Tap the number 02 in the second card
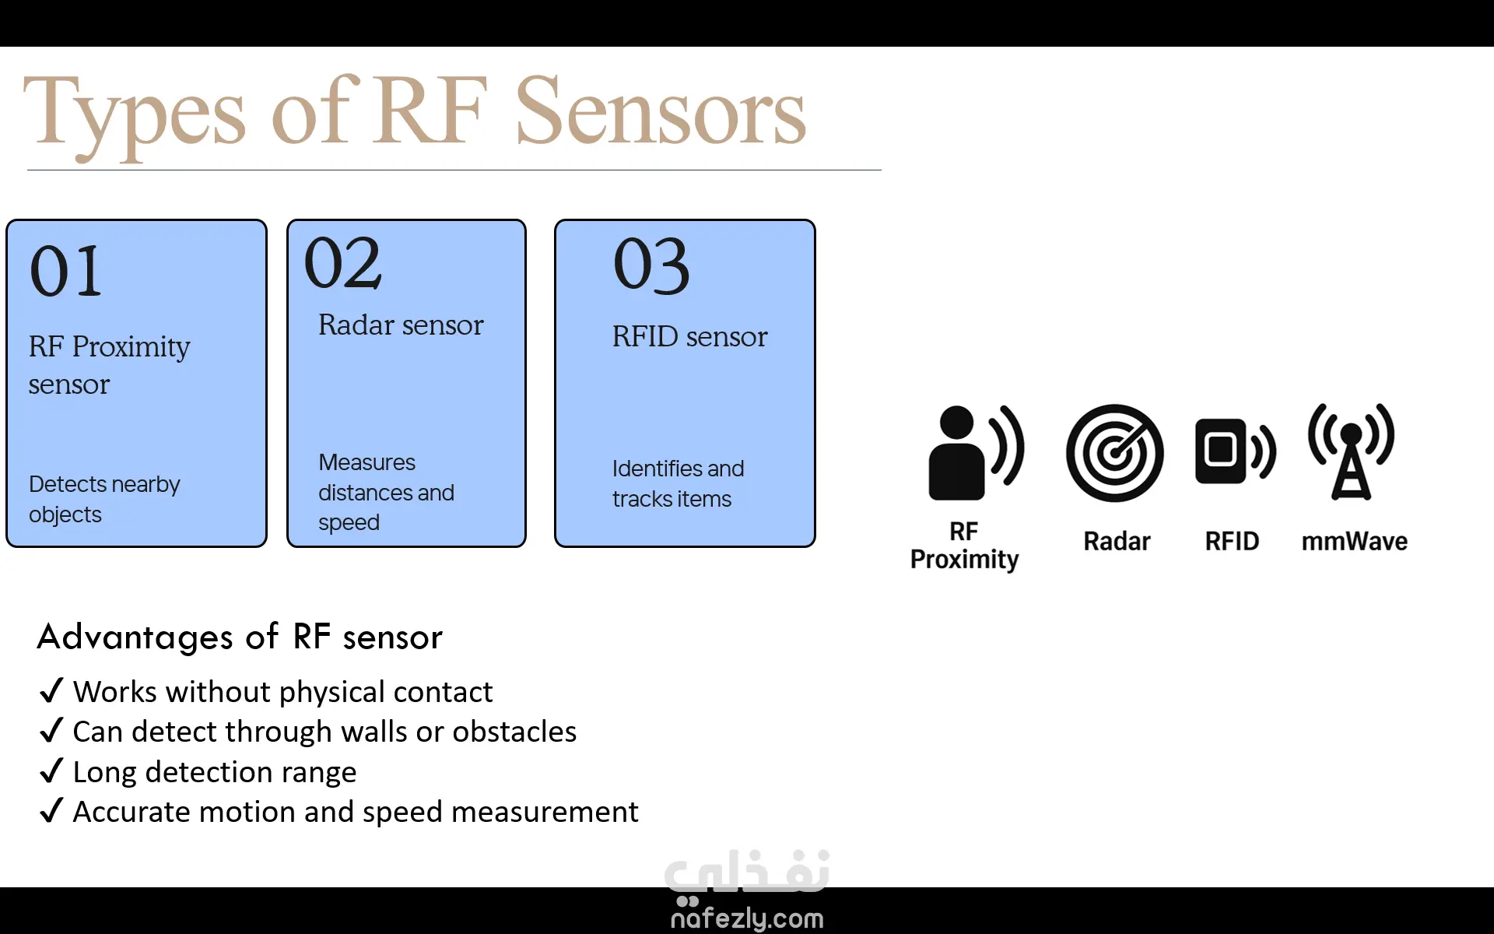tap(343, 263)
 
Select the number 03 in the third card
tap(651, 265)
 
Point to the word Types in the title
tap(135, 116)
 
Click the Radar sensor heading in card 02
tap(401, 325)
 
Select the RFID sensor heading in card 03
tap(689, 336)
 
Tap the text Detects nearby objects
tap(104, 499)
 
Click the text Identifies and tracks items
tap(678, 483)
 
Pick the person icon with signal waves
tap(976, 452)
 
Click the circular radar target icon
tap(1115, 452)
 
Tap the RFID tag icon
tap(1235, 451)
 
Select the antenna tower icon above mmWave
tap(1352, 451)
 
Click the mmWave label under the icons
tap(1355, 541)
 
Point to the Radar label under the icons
tap(1117, 541)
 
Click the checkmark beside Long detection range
tap(51, 771)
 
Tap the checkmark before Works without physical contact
tap(51, 690)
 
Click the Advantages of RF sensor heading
tap(240, 637)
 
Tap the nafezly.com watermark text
tap(747, 918)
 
